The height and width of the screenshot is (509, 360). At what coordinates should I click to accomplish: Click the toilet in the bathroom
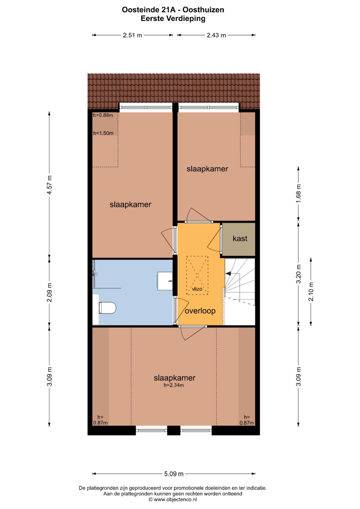107,308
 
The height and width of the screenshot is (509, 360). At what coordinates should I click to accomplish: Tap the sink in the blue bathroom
165,281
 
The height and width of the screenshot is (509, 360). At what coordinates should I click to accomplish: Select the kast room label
240,238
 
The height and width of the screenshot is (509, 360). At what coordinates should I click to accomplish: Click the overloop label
200,311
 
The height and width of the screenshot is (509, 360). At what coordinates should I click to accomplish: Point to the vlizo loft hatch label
197,289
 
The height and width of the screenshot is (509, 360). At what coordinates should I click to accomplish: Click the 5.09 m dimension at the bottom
174,474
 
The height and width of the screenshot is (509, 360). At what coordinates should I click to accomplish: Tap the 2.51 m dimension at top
132,35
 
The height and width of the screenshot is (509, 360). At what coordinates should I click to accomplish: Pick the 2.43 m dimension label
216,35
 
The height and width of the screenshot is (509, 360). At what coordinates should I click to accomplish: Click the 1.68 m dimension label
298,192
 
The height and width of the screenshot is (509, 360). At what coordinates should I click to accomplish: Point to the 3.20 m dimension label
298,274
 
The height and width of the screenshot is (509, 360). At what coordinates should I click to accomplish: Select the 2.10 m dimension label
311,291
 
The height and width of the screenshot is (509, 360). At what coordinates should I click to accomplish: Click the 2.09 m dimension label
49,292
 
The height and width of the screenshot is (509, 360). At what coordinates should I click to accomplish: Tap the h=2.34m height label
174,385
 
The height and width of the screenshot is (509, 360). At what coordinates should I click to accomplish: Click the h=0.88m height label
103,115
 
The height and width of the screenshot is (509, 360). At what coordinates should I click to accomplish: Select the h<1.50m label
103,133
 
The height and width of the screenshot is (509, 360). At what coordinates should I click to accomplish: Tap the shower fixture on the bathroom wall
95,274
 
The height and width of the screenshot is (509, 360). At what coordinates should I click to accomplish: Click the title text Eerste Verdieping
173,19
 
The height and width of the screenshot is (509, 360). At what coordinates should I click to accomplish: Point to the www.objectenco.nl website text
173,499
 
